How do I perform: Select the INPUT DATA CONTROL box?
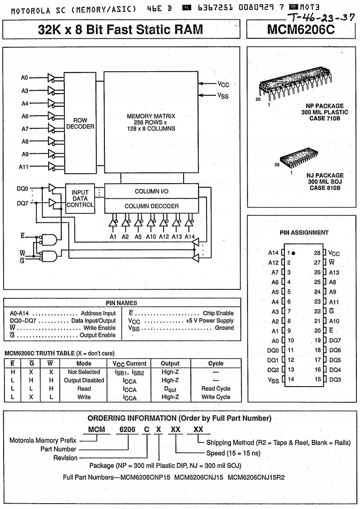(81, 198)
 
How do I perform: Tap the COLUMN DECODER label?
(152, 206)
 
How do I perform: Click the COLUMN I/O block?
(152, 191)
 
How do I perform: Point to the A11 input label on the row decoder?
(24, 167)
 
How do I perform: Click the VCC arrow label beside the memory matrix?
(224, 84)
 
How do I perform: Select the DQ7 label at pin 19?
(335, 340)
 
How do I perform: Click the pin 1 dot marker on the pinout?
(293, 253)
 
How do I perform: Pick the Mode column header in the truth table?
(84, 363)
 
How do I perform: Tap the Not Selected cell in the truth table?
(84, 372)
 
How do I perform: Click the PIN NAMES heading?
(121, 303)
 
